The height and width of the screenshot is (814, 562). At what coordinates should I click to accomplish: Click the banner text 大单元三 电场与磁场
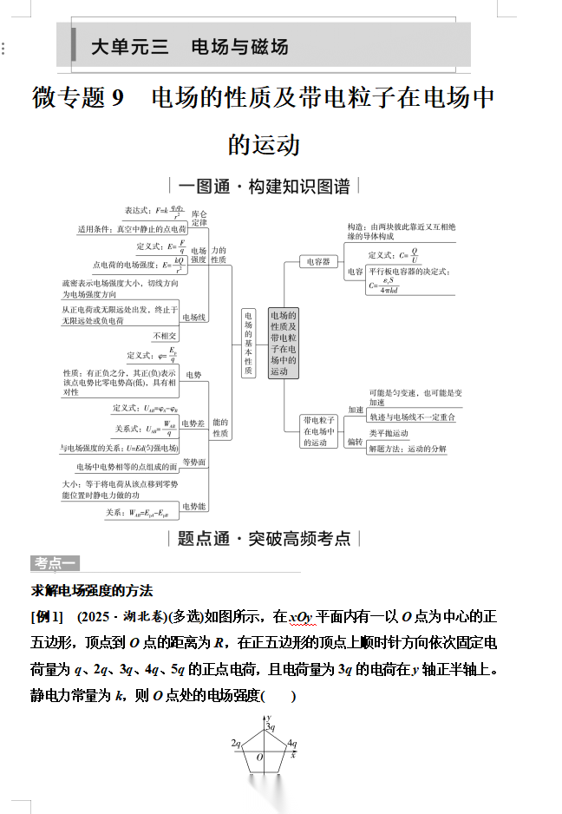click(x=189, y=47)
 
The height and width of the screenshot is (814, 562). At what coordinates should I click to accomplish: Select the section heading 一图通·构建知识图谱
click(x=264, y=186)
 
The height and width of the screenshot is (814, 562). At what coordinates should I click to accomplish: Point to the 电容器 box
click(x=320, y=261)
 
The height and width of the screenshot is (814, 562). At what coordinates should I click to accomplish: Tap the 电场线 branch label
click(x=194, y=318)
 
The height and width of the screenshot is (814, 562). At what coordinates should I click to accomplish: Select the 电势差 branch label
click(x=193, y=424)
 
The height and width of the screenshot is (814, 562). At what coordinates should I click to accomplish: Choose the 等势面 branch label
click(x=194, y=463)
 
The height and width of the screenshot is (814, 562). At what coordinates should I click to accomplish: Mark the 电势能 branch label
click(x=193, y=506)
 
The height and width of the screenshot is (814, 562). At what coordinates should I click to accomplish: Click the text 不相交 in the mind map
click(x=165, y=336)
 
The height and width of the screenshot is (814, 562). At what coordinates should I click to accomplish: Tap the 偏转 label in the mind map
click(x=356, y=441)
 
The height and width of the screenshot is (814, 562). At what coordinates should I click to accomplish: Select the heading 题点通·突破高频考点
click(x=264, y=539)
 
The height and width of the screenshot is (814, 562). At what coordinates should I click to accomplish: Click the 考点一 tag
click(x=56, y=563)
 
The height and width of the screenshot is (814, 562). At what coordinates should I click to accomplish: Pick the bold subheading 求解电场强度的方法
click(x=92, y=591)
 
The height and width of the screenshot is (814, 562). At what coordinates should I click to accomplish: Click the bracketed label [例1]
click(x=47, y=618)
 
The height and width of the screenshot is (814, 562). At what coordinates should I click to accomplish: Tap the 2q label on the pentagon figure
click(x=236, y=744)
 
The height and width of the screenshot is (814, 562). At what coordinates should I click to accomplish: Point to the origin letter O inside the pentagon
click(x=258, y=758)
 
